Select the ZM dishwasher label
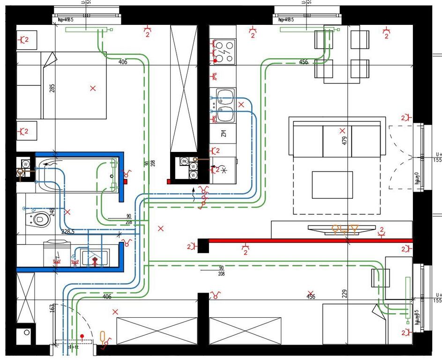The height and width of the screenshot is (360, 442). point(224,135)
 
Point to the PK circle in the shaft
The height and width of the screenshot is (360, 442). point(184,160)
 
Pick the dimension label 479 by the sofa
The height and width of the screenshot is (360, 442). point(345,140)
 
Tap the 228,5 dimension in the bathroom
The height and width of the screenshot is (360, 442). point(68,232)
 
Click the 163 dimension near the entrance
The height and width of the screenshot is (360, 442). point(52,308)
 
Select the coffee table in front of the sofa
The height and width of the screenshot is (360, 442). point(332,184)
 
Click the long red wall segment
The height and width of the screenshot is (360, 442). point(309,241)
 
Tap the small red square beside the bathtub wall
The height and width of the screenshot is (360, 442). point(126,181)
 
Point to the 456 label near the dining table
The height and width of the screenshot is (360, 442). point(303,62)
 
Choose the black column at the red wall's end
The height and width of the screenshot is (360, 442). point(203,246)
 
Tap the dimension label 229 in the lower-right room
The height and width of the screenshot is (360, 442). point(345,293)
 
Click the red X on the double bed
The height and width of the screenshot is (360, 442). point(93,88)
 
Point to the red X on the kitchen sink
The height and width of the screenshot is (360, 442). point(241,105)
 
